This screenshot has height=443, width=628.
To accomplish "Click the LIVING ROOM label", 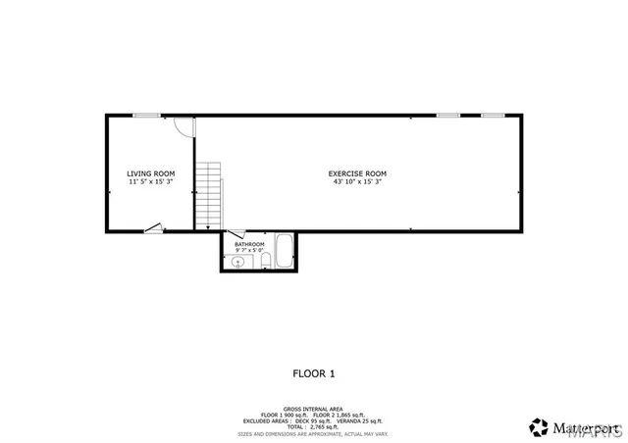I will tap(150, 173).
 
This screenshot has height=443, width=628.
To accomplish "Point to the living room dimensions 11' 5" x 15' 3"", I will tap(150, 181).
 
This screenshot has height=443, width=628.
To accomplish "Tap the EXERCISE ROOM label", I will tap(357, 173).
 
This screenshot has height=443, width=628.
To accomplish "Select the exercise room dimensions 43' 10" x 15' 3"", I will tap(357, 181).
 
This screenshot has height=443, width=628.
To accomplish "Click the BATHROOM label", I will tap(249, 244).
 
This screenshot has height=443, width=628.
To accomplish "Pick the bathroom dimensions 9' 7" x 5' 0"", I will tap(249, 251).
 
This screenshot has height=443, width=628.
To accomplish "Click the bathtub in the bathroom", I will tap(284, 250).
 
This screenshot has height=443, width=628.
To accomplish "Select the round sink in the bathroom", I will tap(237, 262).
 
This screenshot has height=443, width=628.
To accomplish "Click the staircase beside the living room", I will tap(209, 194).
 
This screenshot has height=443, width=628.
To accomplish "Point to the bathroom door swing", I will tap(236, 234).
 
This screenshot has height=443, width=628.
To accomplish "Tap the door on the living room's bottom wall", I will tap(153, 229).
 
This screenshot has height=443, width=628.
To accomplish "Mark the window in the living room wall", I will tap(148, 116).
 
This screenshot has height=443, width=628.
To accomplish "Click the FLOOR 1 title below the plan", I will tap(314, 372).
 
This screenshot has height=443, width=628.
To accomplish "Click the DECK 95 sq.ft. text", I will tap(312, 420).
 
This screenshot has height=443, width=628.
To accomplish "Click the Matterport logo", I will tap(566, 427).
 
